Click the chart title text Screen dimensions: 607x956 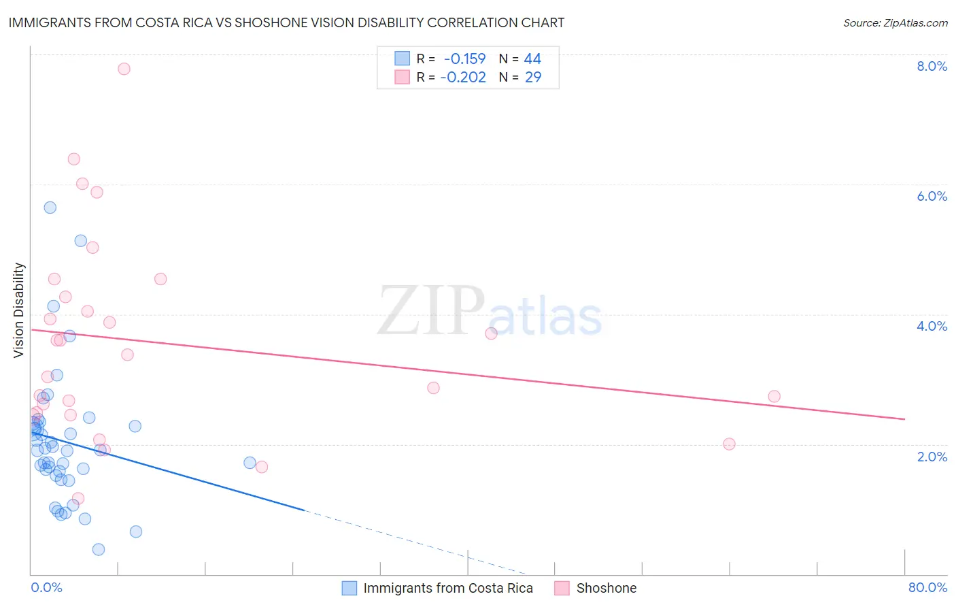click(286, 22)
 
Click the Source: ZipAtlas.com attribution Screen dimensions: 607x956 click(895, 22)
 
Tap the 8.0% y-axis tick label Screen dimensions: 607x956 click(932, 66)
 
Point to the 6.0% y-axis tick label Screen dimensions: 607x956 click(932, 196)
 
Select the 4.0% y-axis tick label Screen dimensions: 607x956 click(932, 326)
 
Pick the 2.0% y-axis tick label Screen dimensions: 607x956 click(932, 457)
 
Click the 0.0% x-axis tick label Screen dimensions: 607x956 click(46, 587)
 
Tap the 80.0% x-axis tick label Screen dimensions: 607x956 click(927, 587)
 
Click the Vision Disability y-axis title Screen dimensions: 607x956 click(19, 310)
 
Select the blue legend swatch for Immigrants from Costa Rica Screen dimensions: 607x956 click(349, 588)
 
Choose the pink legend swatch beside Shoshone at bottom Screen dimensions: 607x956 click(562, 588)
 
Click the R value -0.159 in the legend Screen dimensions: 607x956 click(465, 59)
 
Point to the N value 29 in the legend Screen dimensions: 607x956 click(533, 78)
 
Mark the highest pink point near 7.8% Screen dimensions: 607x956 click(124, 69)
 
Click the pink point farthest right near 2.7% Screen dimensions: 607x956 click(774, 396)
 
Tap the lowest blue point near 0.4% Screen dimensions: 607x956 click(99, 549)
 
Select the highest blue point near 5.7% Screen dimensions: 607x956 click(50, 208)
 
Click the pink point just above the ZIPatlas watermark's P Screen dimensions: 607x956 click(491, 333)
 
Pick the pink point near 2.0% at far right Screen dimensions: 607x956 click(729, 444)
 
